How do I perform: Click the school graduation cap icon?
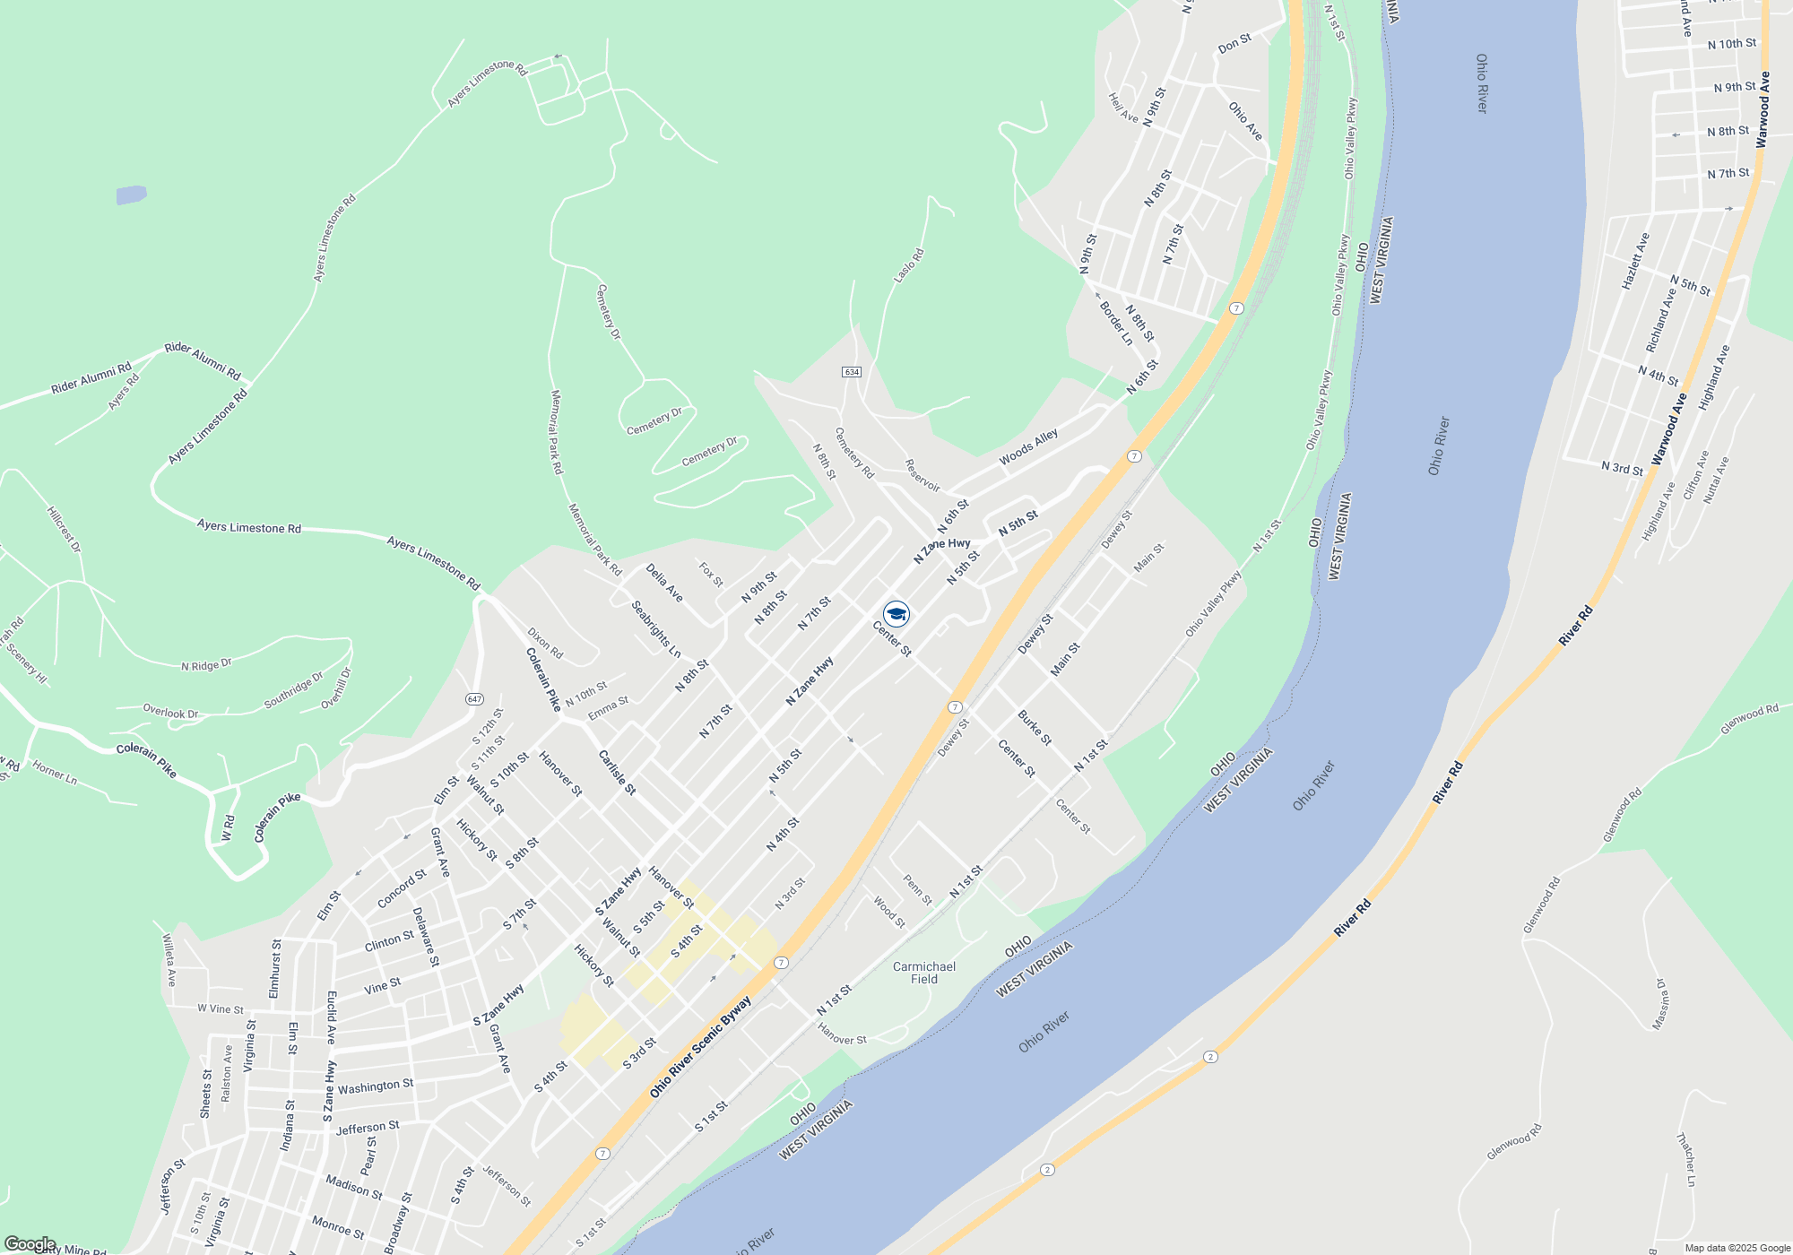click(896, 614)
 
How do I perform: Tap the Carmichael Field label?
click(924, 973)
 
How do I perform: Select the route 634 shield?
click(852, 372)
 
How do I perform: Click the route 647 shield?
click(474, 699)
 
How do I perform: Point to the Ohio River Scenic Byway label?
click(700, 1047)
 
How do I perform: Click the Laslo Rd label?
click(908, 266)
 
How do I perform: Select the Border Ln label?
click(1116, 323)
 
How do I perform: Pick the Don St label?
click(1234, 44)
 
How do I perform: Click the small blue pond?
click(131, 195)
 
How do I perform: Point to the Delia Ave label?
click(664, 583)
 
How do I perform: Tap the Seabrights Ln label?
click(655, 628)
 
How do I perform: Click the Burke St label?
click(1035, 728)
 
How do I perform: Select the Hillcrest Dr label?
click(64, 529)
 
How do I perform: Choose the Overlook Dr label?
click(170, 713)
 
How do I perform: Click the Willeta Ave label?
click(169, 960)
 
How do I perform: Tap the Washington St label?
click(376, 1086)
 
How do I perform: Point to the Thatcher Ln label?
click(1685, 1160)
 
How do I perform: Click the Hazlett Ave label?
click(1635, 261)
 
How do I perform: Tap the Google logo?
click(30, 1243)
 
